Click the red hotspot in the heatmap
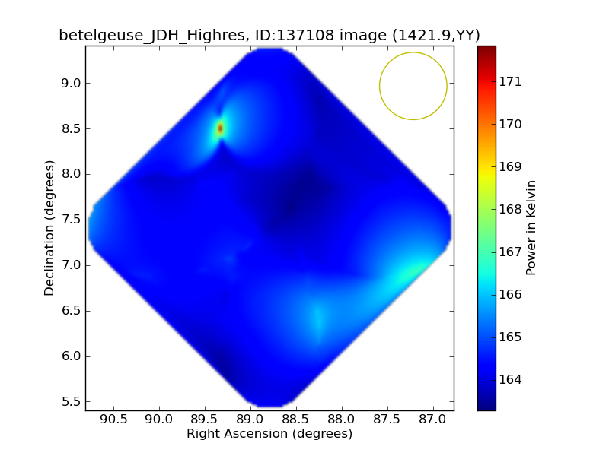[220, 128]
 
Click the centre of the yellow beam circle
[413, 86]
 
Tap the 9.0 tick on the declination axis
[71, 83]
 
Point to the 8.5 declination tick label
[71, 128]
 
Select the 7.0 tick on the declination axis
[71, 265]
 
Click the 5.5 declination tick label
[71, 402]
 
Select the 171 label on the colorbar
[511, 81]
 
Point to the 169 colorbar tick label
[511, 166]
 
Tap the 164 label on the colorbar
[511, 379]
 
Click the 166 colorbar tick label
[511, 294]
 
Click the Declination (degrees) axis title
[50, 228]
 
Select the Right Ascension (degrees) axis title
[269, 434]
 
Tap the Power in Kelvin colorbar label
[532, 228]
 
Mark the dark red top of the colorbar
[486, 49]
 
